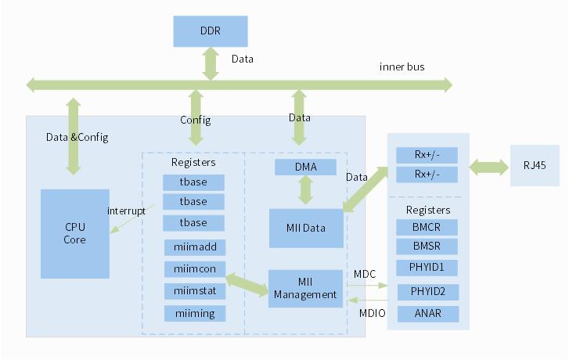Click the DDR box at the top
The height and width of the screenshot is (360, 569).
[x=210, y=31]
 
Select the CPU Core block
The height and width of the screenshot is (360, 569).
[x=74, y=233]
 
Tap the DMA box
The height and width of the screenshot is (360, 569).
[x=305, y=167]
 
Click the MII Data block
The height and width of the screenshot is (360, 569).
[x=306, y=228]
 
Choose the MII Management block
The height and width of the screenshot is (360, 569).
[x=305, y=288]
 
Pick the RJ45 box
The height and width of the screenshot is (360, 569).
[x=535, y=165]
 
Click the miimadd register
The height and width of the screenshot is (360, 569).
[x=194, y=247]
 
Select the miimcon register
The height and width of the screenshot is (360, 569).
[x=194, y=269]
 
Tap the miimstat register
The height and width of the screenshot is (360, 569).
[x=194, y=291]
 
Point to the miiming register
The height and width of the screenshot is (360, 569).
[x=194, y=313]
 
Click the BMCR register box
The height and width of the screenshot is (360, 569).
[x=427, y=227]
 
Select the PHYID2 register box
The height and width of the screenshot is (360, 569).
[x=427, y=292]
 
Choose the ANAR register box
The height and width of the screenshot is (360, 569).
[x=427, y=314]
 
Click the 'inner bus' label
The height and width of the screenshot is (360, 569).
[x=402, y=67]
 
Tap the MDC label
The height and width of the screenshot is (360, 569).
[x=365, y=274]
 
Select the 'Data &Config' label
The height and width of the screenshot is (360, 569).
[x=77, y=137]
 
